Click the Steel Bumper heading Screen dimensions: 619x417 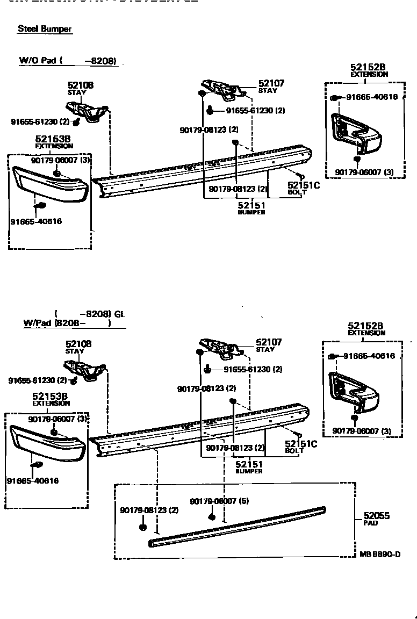coord(45,29)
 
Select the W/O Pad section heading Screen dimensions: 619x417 coord(68,61)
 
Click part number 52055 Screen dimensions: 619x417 coord(376,516)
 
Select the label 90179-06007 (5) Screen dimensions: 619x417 coord(219,501)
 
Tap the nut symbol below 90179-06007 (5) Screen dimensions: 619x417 coord(212,517)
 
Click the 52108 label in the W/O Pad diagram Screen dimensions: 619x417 coord(81,85)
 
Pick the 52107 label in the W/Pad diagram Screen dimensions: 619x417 coord(269,342)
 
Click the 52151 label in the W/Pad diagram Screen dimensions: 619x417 coord(249,464)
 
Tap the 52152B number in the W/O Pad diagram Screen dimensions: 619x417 coord(368,67)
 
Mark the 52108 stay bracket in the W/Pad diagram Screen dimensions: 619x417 coord(83,370)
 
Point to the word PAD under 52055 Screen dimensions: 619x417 coord(371,523)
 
